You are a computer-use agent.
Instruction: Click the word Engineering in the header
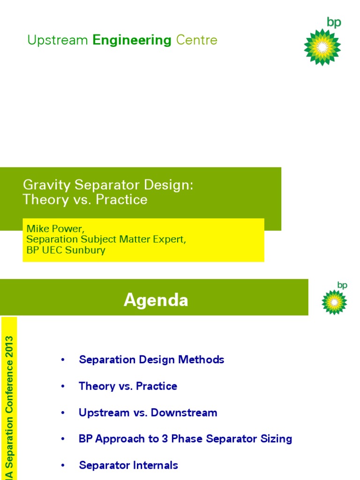pyautogui.click(x=132, y=40)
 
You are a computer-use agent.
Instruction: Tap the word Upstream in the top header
pyautogui.click(x=58, y=40)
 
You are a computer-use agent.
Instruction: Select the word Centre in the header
pyautogui.click(x=197, y=40)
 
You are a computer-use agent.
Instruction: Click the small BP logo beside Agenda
pyautogui.click(x=334, y=302)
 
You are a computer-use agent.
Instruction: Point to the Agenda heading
pyautogui.click(x=156, y=300)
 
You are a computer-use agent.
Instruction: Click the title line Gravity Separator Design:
pyautogui.click(x=108, y=185)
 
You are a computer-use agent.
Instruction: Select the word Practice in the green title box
pyautogui.click(x=125, y=200)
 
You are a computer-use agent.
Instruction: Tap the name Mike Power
pyautogui.click(x=55, y=229)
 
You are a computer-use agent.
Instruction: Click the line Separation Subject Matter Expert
pyautogui.click(x=106, y=239)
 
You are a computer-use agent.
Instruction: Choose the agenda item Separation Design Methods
pyautogui.click(x=151, y=360)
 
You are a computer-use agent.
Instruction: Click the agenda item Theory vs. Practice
pyautogui.click(x=128, y=386)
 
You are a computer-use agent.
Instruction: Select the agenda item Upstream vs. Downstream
pyautogui.click(x=148, y=412)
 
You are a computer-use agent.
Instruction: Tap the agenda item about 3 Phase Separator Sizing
pyautogui.click(x=185, y=439)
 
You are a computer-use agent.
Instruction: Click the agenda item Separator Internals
pyautogui.click(x=128, y=465)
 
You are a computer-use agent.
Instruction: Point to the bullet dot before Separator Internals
pyautogui.click(x=62, y=465)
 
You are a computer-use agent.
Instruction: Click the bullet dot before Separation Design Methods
pyautogui.click(x=62, y=360)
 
